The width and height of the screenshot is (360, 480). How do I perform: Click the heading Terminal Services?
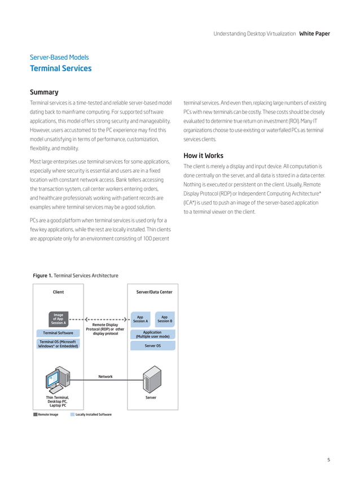coord(60,69)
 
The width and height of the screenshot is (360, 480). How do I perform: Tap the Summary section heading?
coord(44,92)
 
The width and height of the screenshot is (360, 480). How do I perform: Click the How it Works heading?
coord(203,156)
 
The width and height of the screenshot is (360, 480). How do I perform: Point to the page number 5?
coord(328,460)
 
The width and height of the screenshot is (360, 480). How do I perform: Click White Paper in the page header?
coord(314,34)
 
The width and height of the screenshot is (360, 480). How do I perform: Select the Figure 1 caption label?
coord(42,275)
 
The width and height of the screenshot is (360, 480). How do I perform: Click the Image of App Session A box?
coord(58,319)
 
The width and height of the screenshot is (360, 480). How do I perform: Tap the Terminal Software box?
coord(58,333)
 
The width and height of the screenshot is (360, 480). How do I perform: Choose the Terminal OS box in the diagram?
coord(58,344)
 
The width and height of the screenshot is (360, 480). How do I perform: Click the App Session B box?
coord(164,319)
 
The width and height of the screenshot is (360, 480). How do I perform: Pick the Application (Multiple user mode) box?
coord(152,334)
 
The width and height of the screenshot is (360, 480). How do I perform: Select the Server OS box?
coord(152,345)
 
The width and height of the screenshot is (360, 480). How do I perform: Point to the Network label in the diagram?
coord(105,376)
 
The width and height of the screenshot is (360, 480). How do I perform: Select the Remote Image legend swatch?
coord(36,415)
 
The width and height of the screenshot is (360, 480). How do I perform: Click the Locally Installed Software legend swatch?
coord(72,415)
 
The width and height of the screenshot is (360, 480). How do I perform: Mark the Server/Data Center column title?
coord(154,292)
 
